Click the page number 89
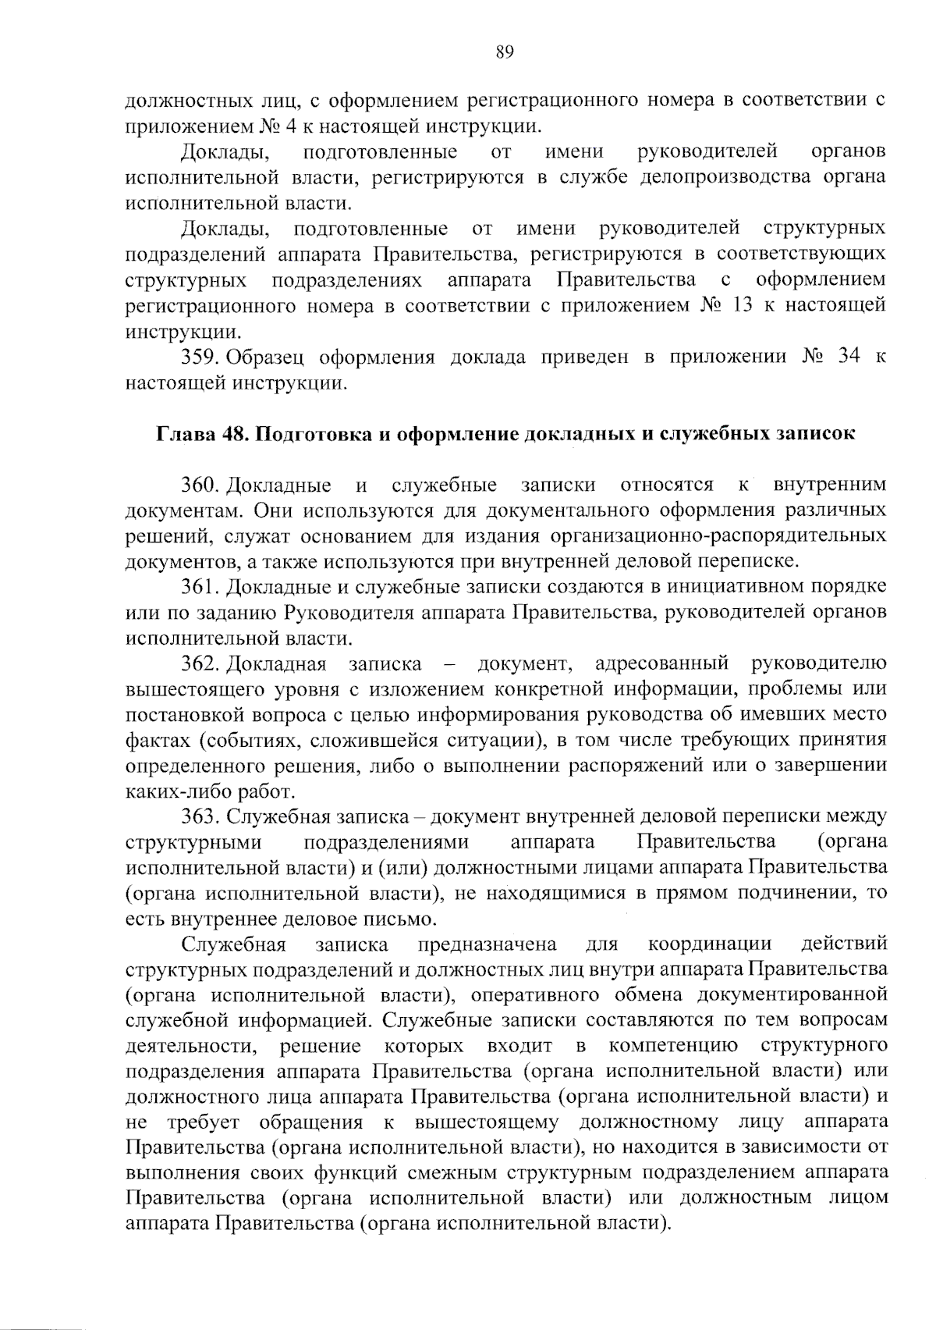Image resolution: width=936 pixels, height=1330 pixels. (504, 52)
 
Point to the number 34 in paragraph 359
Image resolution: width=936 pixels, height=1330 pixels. (849, 357)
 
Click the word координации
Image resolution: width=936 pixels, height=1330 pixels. (710, 944)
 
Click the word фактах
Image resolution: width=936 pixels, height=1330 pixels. (154, 740)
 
